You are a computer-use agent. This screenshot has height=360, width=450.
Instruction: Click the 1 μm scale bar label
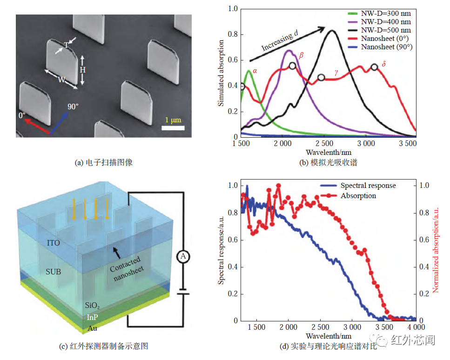click(173, 120)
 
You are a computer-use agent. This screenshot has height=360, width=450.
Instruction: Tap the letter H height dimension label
click(82, 70)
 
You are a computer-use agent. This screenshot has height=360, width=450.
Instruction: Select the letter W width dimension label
click(61, 80)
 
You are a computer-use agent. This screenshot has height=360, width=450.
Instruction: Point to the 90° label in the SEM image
click(73, 107)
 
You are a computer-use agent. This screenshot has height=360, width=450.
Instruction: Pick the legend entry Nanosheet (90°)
click(387, 47)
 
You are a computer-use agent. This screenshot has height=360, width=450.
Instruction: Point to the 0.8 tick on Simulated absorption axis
click(232, 34)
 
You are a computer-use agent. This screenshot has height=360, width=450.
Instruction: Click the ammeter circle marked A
click(183, 256)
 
